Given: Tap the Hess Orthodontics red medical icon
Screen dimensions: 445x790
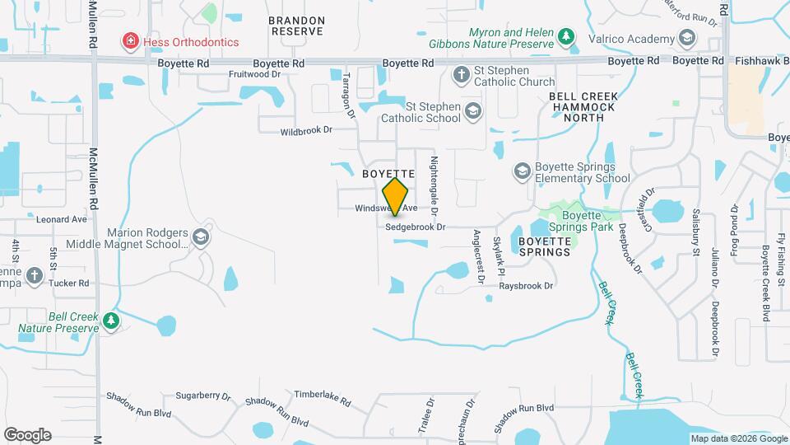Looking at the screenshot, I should point(129,40).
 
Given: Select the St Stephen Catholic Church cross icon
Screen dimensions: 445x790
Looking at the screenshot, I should point(462,76).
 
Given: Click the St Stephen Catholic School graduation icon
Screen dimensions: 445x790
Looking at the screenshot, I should point(472,111).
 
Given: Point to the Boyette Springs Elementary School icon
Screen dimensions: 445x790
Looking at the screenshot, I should point(521,171).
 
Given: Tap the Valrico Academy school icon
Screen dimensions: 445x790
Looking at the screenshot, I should point(686,38).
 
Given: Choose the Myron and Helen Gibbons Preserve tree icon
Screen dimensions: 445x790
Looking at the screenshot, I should point(565,37).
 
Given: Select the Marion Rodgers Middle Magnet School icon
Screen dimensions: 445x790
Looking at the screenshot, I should point(200,238).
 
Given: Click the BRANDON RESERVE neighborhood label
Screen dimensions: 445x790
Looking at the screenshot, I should point(297,26).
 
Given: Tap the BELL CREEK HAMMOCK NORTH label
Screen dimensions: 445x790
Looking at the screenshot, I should point(588,107).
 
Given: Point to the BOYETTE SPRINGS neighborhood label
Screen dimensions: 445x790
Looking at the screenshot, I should point(544,246).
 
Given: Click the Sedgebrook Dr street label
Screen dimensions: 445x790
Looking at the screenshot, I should point(415,227).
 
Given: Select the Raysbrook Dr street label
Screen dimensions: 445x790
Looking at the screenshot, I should point(527,285).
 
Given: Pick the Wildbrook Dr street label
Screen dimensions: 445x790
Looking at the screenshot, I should point(305,130).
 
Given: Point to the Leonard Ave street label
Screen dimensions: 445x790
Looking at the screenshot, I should point(61,220).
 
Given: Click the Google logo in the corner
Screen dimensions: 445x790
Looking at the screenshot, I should point(27,434).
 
